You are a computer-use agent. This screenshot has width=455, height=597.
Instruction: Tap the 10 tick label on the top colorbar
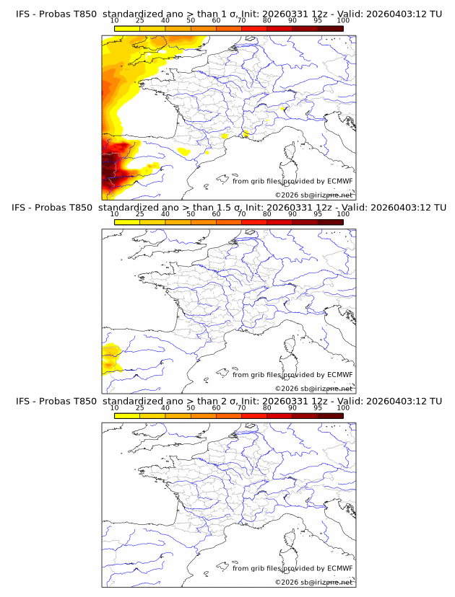click(114, 20)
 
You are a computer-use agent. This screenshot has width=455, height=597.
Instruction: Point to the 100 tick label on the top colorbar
click(343, 20)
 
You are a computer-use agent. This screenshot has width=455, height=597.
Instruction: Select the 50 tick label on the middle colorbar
click(191, 214)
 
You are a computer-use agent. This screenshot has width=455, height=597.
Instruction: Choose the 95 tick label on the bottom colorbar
click(318, 407)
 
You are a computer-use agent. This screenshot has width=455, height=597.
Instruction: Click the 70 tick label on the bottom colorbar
click(241, 407)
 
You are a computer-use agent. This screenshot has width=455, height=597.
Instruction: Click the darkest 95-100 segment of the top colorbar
click(331, 29)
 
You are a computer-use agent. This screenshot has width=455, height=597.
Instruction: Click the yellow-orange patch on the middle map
click(111, 358)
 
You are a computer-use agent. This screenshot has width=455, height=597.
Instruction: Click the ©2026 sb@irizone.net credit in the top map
click(313, 195)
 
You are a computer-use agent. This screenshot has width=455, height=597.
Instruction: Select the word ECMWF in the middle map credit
click(339, 375)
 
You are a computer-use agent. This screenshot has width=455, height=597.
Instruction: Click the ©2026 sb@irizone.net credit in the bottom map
click(313, 582)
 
